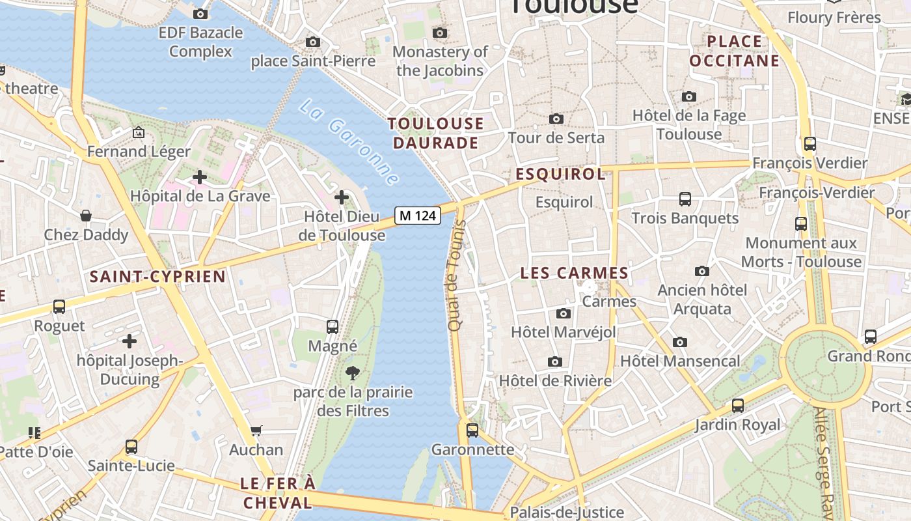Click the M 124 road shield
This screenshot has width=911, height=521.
417,215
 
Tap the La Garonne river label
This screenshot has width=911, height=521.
349,141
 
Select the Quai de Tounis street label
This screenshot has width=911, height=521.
455,275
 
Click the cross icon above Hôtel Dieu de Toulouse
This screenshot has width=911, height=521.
342,197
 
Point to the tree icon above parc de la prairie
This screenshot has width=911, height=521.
352,373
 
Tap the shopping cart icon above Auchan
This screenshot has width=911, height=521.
256,430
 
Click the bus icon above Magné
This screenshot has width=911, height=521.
333,326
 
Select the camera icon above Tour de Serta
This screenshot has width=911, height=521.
556,119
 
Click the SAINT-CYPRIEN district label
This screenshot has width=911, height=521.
157,276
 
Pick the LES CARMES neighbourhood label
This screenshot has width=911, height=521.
575,273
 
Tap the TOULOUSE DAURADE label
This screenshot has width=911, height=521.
436,133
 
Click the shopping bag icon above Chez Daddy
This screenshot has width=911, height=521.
86,216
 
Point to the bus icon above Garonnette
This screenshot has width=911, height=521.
472,430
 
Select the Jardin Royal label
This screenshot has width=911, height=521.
737,425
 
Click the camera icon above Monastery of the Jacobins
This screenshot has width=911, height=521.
440,33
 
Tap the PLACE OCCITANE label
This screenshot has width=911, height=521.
734,51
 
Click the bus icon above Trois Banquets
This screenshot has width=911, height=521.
685,199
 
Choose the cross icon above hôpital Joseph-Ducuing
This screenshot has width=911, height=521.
129,341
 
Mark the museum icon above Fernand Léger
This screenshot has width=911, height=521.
139,133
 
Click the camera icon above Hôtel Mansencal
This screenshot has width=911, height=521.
679,342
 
